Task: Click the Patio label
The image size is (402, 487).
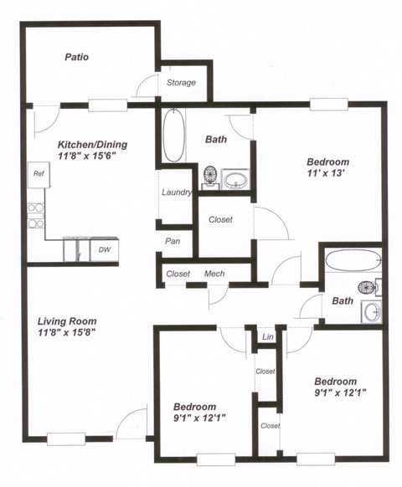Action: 77,58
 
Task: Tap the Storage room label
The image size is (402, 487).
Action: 181,83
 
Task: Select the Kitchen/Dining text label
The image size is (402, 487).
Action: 86,143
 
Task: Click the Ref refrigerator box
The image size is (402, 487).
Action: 38,174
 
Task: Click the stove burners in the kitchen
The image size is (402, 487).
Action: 35,215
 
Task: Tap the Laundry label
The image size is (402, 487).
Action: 177,192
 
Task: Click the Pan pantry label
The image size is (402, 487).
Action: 171,241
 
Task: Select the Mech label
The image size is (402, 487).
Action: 214,274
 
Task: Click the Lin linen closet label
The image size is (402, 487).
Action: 268,336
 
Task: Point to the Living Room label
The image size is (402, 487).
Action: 67,320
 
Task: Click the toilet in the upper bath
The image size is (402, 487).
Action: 210,177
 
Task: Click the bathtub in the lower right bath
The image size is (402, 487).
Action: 353,260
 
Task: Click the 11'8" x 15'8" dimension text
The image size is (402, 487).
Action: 67,332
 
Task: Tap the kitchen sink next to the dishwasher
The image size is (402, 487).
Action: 77,250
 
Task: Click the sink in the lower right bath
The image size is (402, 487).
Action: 373,312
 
